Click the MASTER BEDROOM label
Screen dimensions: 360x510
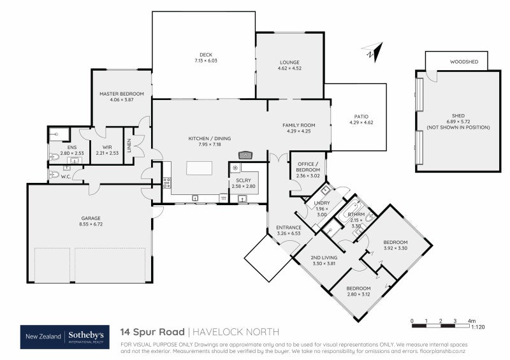tap(122, 94)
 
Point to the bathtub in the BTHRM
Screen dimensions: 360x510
tap(350, 210)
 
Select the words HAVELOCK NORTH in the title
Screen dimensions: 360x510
tap(236, 332)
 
